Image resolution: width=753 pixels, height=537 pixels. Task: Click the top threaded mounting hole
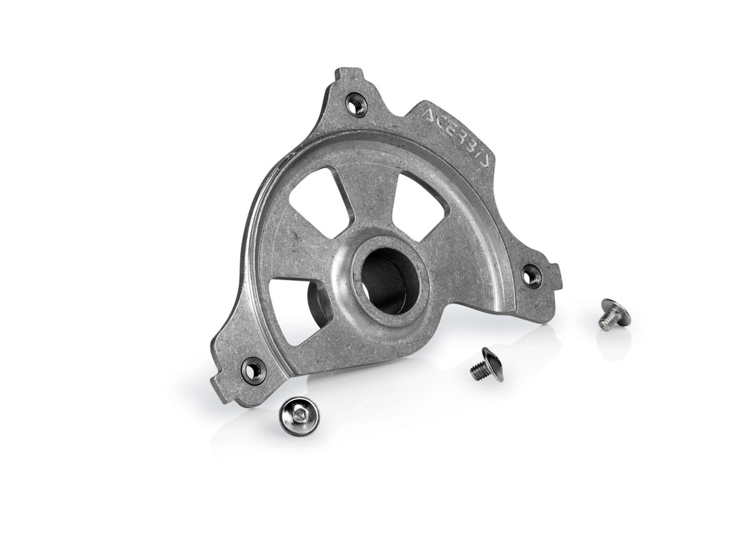click(x=357, y=105)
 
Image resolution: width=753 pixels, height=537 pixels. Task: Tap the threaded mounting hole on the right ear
click(x=531, y=273)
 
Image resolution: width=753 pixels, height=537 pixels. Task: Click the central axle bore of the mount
click(x=384, y=280)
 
